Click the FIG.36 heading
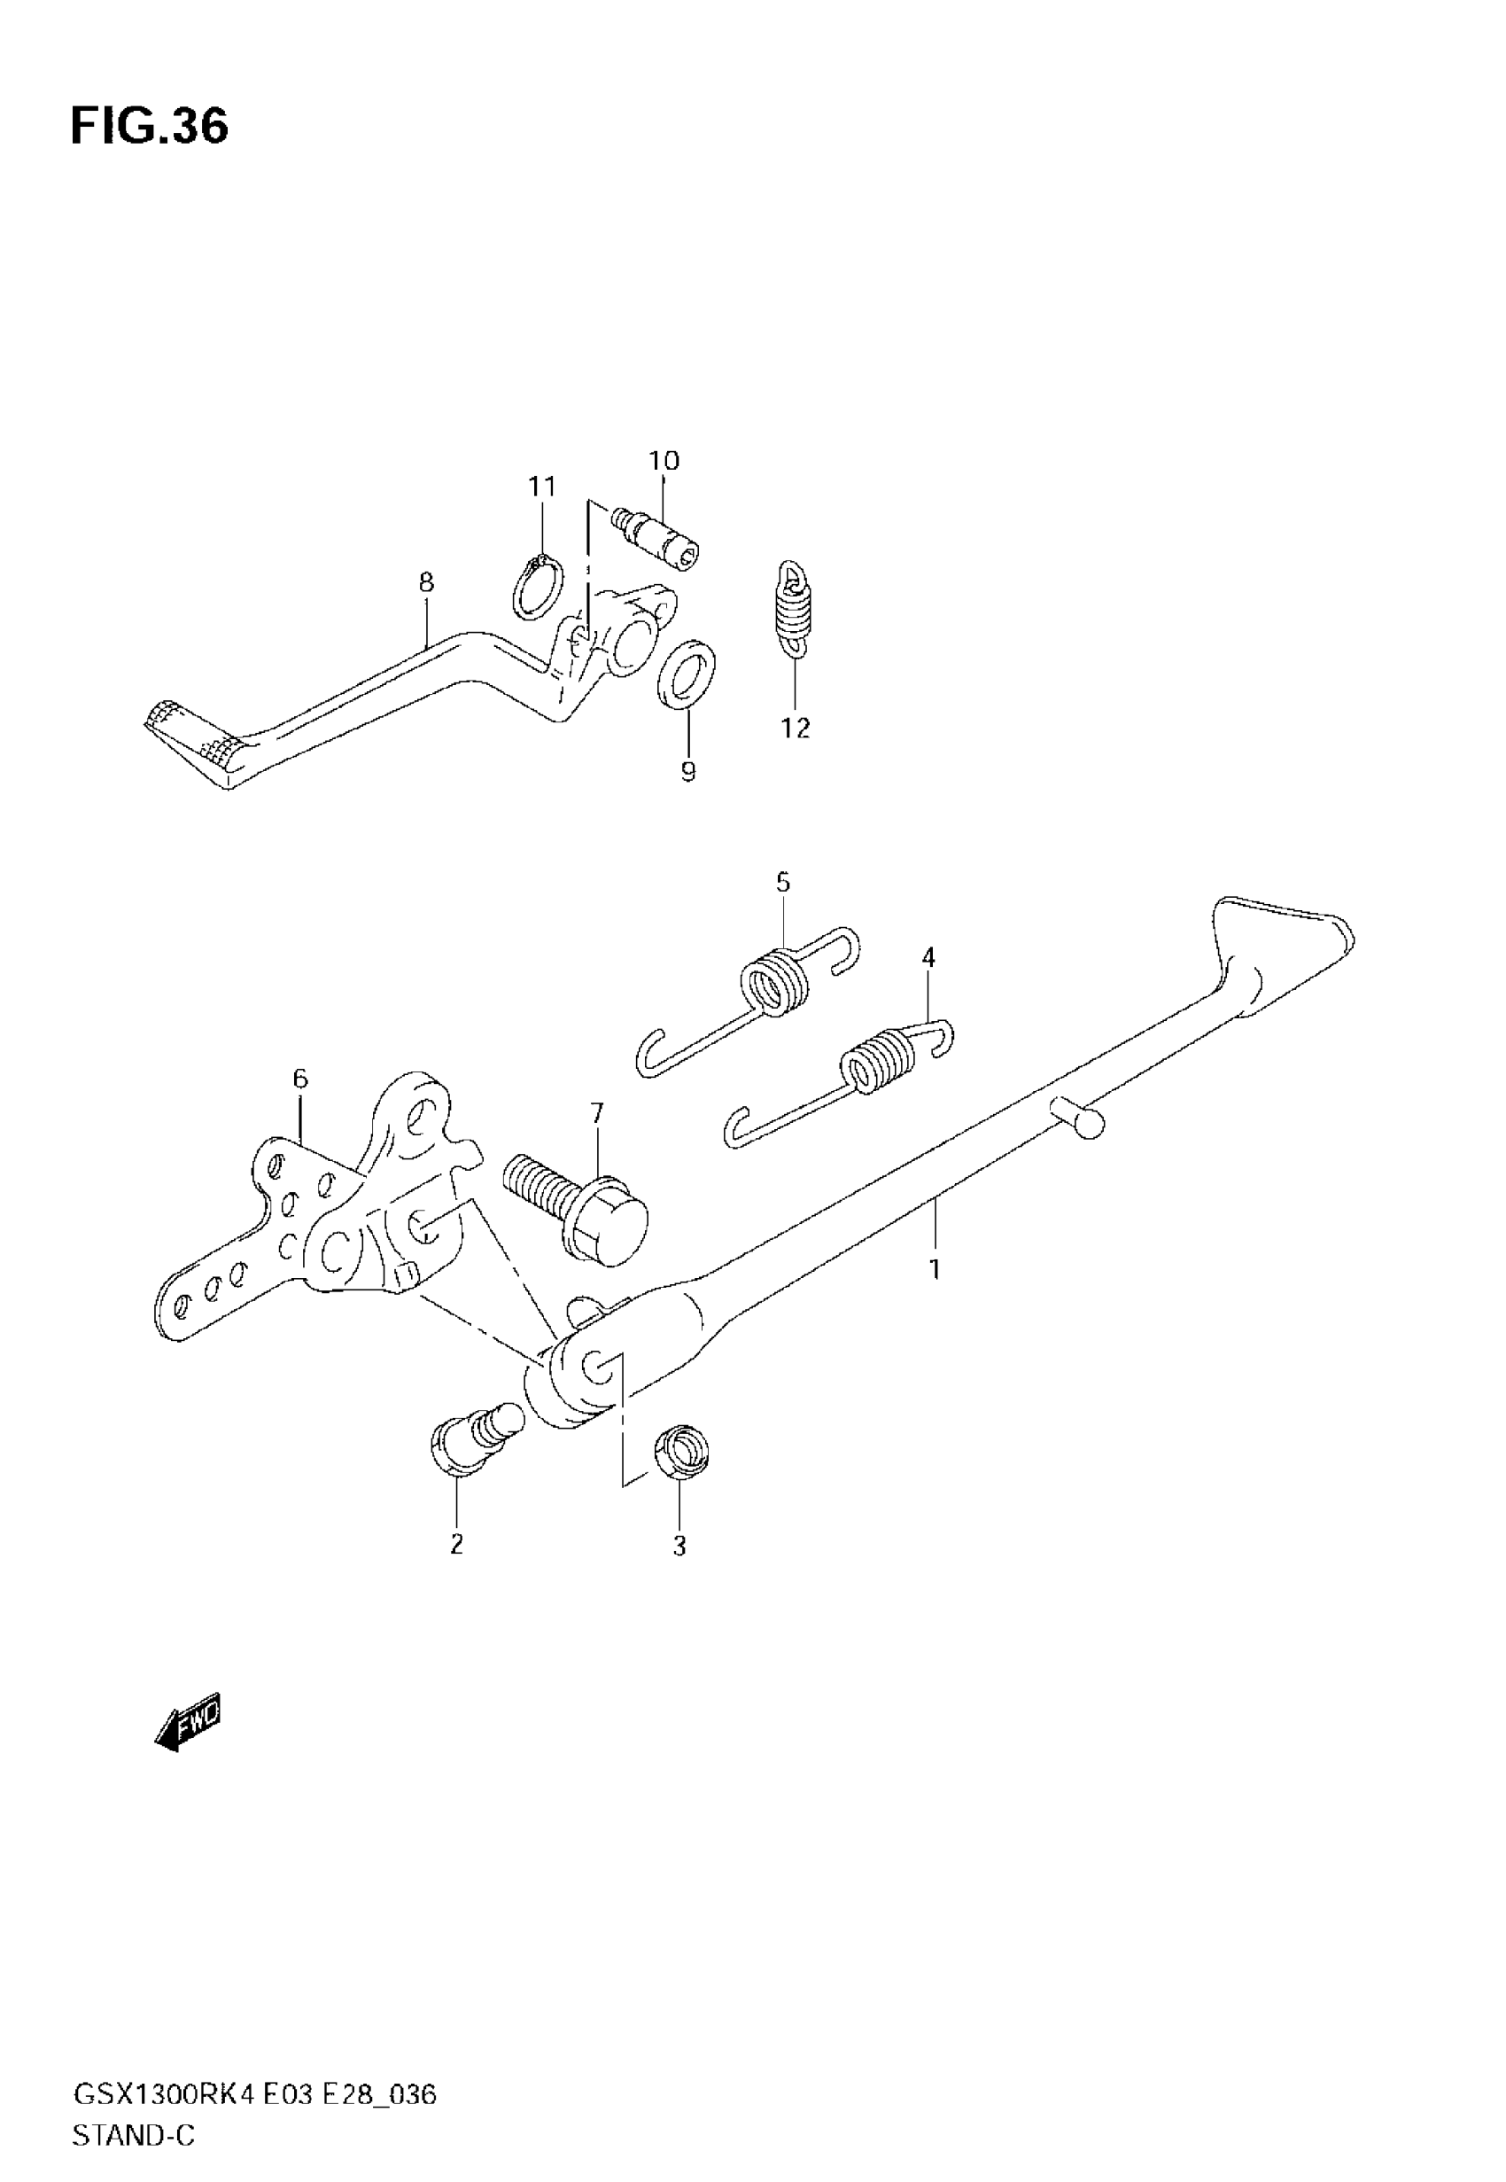[x=149, y=128]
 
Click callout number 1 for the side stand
[x=935, y=1269]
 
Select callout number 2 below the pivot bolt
[x=457, y=1545]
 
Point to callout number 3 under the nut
[x=679, y=1547]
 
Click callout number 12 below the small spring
[x=795, y=728]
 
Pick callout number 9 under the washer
[x=688, y=772]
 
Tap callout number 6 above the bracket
[x=300, y=1078]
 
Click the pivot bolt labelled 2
[x=472, y=1452]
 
